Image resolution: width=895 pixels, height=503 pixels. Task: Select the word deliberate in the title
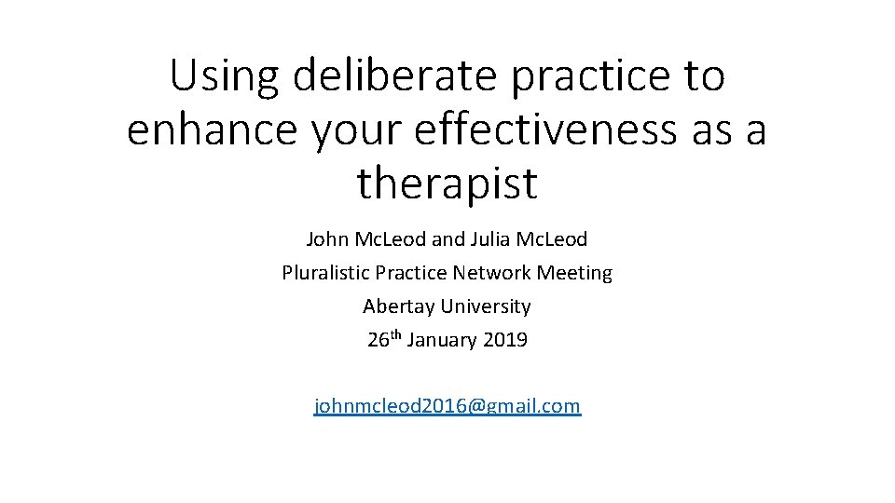pos(394,76)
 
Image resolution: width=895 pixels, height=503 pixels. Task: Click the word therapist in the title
pos(447,183)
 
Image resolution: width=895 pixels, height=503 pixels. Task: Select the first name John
pos(326,239)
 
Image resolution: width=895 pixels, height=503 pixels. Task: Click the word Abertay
pos(398,306)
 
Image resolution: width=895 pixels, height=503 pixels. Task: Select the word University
pos(487,306)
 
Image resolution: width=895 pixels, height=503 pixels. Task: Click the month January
pos(443,340)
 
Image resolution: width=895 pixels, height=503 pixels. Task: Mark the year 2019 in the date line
pos(506,340)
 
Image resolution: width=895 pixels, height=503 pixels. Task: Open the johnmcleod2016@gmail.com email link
pos(447,406)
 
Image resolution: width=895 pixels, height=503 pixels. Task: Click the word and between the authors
pos(448,239)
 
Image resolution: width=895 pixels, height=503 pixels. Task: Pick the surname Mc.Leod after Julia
pos(557,239)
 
